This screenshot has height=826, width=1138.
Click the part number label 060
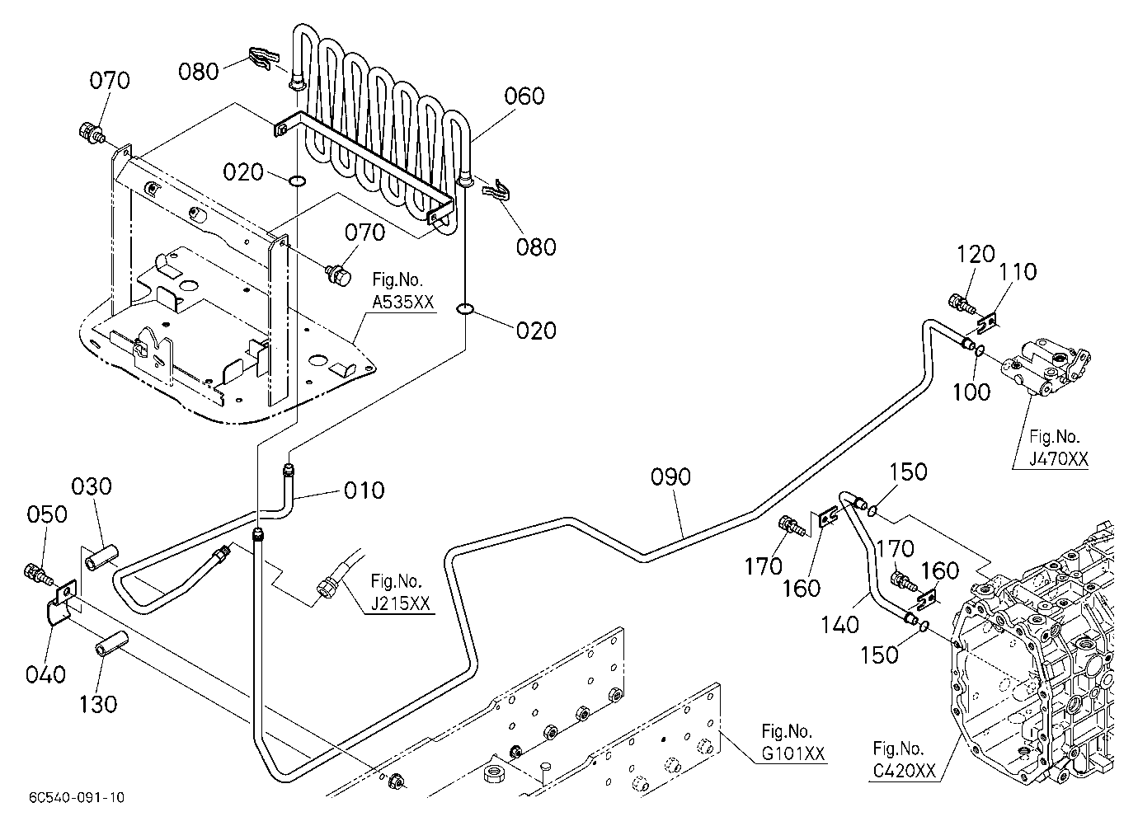coord(524,96)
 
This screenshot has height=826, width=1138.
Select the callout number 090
coord(670,477)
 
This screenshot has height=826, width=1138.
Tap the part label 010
coord(364,490)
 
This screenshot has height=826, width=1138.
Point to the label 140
coord(840,625)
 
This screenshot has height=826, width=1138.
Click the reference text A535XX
coord(403,303)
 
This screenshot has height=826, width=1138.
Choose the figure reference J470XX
coord(1059,459)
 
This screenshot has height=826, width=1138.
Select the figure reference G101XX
coord(792,753)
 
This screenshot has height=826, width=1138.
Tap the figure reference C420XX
coord(905,771)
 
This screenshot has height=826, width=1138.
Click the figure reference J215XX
coord(400,603)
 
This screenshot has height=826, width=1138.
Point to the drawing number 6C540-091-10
coord(77,797)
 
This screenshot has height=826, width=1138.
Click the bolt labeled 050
coord(37,574)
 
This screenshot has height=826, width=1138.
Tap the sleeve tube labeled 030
coord(101,557)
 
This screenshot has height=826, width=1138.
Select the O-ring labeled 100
coord(980,350)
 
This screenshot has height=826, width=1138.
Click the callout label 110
coord(1018,272)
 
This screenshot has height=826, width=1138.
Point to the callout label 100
coord(971,392)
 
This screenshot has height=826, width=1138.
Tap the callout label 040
coord(45,675)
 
